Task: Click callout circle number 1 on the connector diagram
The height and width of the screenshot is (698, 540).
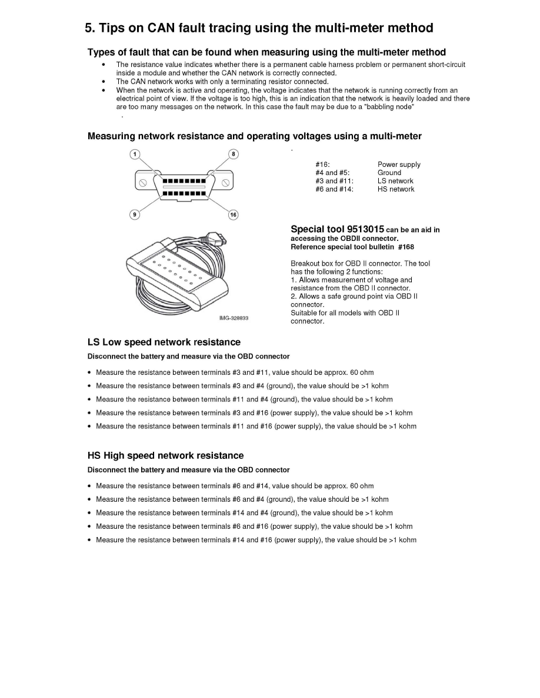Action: pos(135,154)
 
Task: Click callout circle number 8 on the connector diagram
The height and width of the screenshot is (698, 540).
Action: pos(233,154)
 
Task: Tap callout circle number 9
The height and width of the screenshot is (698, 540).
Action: pos(135,214)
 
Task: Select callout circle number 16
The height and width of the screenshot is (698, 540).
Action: pos(233,214)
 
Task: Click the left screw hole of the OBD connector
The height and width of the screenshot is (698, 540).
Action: pos(142,183)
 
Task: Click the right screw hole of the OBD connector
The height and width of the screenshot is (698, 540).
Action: pos(226,183)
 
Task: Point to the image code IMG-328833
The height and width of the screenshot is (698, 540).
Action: pos(234,318)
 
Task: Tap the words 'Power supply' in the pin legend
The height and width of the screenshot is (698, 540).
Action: pos(399,165)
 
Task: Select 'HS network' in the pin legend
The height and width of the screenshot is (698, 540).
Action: pos(395,189)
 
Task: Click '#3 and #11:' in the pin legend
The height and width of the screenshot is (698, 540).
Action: pos(334,181)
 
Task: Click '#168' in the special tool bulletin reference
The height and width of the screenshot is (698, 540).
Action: pos(406,247)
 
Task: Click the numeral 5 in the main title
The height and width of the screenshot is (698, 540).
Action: pos(88,28)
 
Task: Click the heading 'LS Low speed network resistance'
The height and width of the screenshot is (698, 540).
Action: pos(164,342)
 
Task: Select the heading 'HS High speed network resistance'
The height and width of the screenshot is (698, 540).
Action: pos(165,455)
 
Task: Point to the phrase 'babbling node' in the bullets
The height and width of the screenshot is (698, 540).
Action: pos(392,107)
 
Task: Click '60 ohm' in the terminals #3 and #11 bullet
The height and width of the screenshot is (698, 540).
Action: pos(362,373)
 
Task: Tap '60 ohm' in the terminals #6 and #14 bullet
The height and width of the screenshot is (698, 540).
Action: pos(362,486)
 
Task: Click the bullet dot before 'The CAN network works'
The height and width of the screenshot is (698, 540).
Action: pos(104,81)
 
